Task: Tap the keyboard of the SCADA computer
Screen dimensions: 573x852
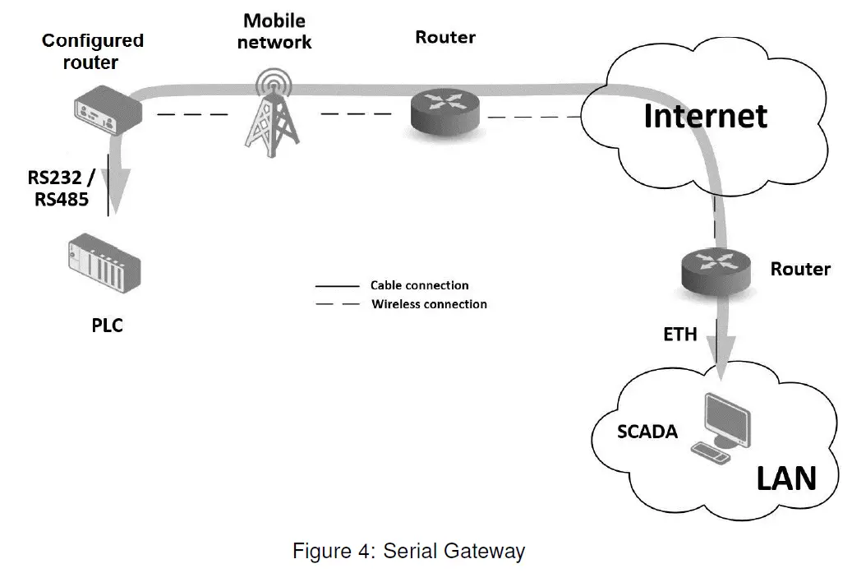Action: (710, 451)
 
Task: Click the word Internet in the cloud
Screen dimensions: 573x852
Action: (705, 116)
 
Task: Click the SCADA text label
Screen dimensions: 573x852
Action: (647, 431)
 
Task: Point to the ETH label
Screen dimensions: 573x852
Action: (680, 334)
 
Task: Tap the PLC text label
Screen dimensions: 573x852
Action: (107, 326)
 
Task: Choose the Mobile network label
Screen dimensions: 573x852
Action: (275, 30)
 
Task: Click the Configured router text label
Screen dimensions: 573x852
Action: (92, 51)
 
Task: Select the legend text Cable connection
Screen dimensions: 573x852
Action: (419, 285)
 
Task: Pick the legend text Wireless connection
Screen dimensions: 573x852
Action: (429, 304)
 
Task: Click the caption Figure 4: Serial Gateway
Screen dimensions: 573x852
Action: (408, 550)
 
